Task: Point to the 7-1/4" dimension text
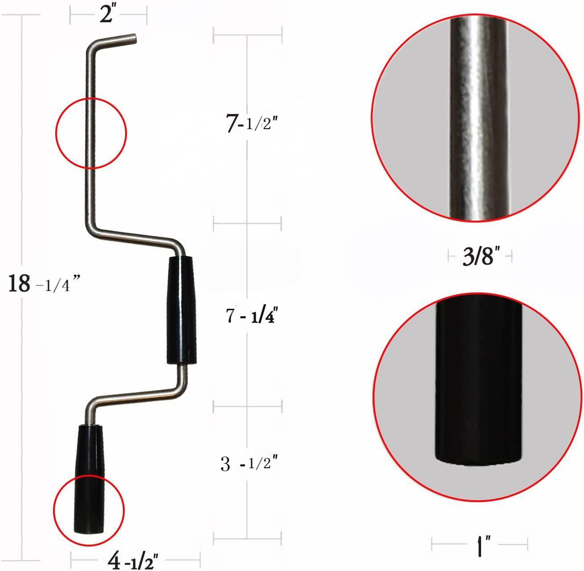pyautogui.click(x=252, y=316)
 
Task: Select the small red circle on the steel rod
pyautogui.click(x=91, y=133)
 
